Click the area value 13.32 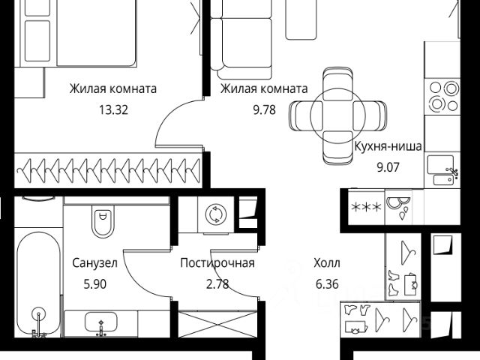click(x=112, y=109)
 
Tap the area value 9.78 click(x=264, y=109)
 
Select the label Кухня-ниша click(x=388, y=146)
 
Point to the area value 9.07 click(x=388, y=166)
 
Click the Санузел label click(x=95, y=263)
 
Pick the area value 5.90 click(x=95, y=283)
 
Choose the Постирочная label click(x=217, y=263)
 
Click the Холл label click(x=327, y=263)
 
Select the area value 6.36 click(x=327, y=283)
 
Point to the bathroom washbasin click(x=101, y=323)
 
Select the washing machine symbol click(x=215, y=214)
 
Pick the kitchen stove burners click(x=443, y=95)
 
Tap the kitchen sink click(x=441, y=169)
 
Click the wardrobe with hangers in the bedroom click(x=109, y=168)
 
